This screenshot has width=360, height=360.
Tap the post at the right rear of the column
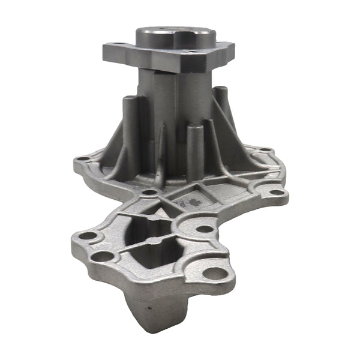[220, 108]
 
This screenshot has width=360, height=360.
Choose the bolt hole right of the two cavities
[204, 229]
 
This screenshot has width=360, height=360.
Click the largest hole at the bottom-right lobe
[215, 272]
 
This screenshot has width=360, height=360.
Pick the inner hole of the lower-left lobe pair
[104, 256]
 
